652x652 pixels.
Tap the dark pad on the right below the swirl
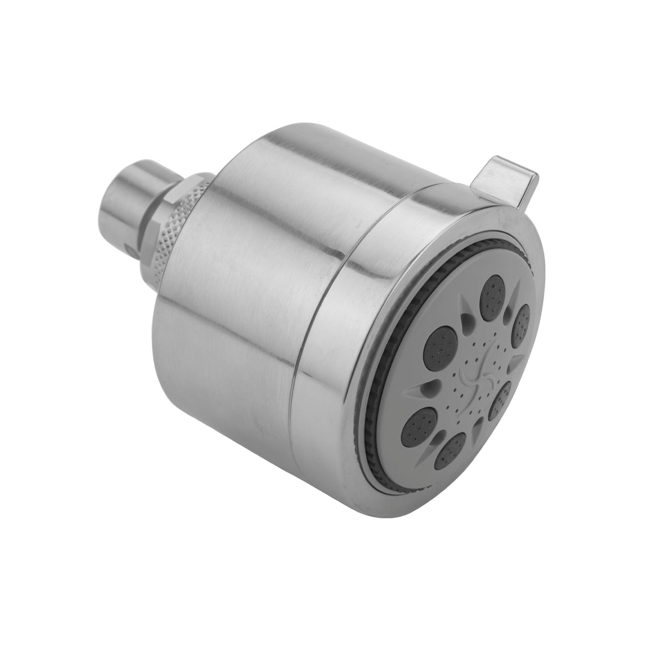point(499,400)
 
